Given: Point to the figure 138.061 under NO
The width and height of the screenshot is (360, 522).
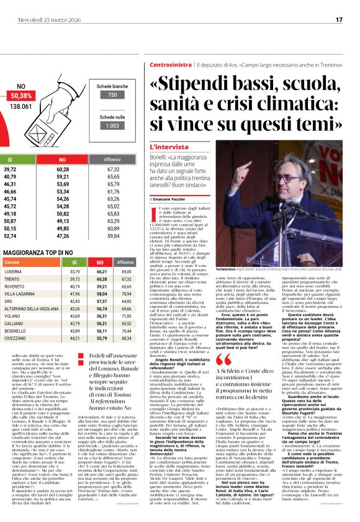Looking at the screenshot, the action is point(22,106).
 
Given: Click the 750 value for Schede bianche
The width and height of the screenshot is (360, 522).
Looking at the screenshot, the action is point(112,95).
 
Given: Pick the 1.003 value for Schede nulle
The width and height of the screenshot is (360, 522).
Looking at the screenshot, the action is point(112,125).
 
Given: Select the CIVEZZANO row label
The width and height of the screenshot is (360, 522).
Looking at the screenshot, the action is point(15,338).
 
